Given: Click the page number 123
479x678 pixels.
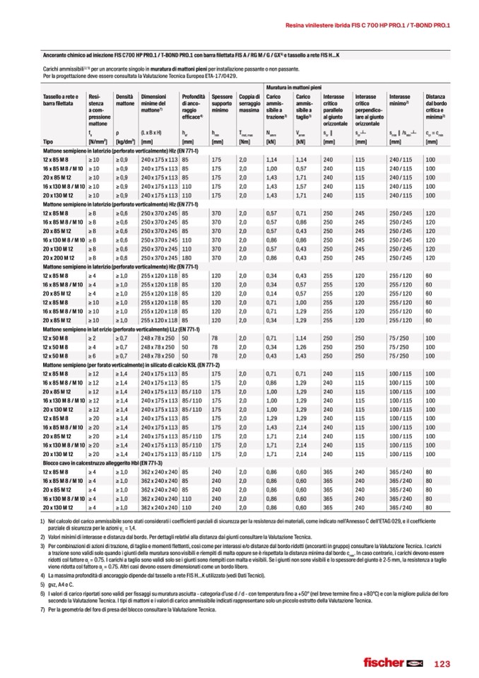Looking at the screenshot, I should click(442, 663).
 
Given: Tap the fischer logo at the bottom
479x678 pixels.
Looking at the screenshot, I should click(391, 663).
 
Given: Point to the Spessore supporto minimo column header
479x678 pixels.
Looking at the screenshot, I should click(222, 103).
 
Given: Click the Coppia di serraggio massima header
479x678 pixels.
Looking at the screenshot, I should click(249, 103).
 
